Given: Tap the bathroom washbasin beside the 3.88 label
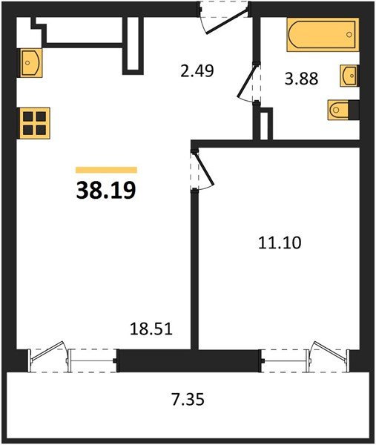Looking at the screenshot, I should [350, 76].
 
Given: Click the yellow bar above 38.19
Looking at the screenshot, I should [106, 170].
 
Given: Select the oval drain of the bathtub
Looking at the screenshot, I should [299, 36].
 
